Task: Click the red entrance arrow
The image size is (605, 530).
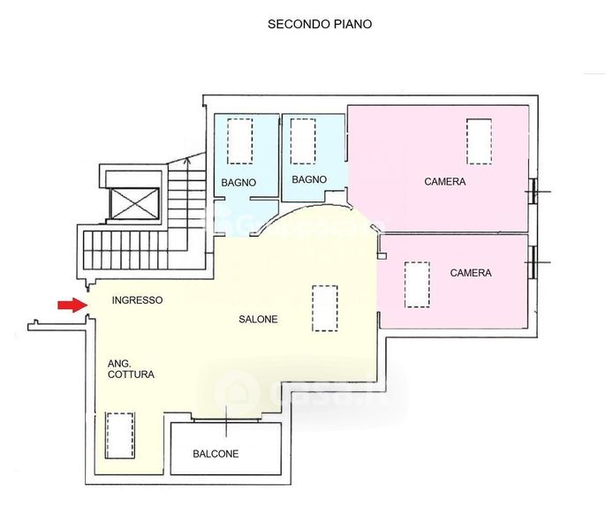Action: pos(73,305)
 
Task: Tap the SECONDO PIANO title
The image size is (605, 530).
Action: pos(320,24)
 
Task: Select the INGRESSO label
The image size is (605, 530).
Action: pos(138,300)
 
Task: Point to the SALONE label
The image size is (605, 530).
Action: pos(258,319)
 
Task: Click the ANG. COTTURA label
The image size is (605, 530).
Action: pos(132,369)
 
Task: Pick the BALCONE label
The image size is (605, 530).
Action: pos(216,453)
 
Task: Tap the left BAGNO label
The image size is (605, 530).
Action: pos(238,183)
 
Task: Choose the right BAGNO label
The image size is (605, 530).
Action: pos(309,179)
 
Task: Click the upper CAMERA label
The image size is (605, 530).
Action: pos(445,181)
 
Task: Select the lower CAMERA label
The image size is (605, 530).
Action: pos(471,273)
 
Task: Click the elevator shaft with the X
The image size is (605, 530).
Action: pos(134,203)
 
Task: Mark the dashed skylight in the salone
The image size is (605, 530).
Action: pos(324,308)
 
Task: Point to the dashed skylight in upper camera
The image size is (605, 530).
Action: pos(479,141)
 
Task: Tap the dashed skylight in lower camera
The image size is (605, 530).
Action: pos(417,284)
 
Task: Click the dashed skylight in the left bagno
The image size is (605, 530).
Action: pos(240,141)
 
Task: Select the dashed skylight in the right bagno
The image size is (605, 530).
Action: pos(303,141)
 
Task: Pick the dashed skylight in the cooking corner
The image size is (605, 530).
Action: pos(120,435)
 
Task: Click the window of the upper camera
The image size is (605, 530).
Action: pos(533,191)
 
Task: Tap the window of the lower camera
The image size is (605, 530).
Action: pos(533,262)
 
